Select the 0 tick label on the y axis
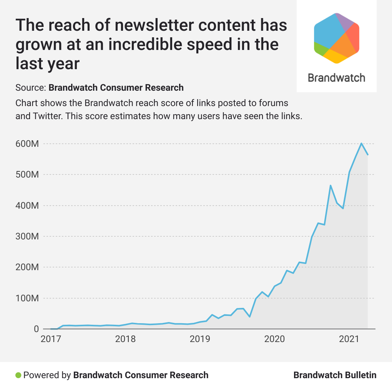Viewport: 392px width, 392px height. tap(36, 329)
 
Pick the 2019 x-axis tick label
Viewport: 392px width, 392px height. tap(199, 339)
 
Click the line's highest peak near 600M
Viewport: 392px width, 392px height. tap(361, 143)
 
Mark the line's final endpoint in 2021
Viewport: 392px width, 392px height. tap(368, 154)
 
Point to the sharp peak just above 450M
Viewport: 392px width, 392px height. tap(331, 186)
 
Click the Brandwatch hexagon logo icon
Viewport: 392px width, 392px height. tap(337, 38)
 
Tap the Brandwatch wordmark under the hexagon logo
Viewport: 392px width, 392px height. tap(337, 78)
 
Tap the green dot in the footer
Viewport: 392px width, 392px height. tap(18, 375)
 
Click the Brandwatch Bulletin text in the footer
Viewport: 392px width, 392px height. tap(335, 375)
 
